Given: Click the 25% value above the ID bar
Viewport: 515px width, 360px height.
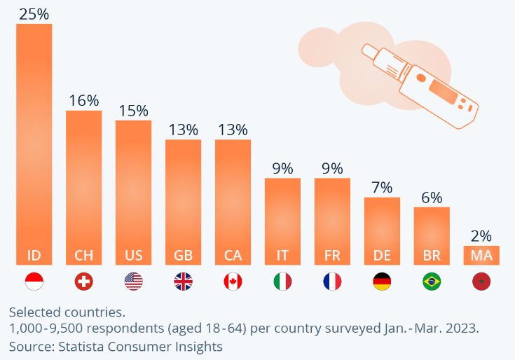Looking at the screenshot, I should point(34,14).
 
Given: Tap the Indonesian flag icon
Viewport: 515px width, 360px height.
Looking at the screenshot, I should point(34,282).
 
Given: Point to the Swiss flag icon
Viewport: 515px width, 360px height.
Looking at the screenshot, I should point(83,282).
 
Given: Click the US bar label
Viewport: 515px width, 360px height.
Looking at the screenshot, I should point(133,255).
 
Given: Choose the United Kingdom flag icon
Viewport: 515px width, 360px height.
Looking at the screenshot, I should point(183,282).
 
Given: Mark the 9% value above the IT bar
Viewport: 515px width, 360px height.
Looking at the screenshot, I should point(282,168).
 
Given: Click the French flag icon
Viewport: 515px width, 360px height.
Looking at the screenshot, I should point(332,282).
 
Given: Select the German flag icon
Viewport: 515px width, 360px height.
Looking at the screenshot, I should point(382,282).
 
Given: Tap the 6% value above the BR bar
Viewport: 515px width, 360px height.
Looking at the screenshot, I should point(432,198).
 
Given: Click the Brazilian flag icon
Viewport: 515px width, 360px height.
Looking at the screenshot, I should point(432,282).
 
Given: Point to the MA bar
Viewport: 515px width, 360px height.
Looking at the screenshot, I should point(481,255).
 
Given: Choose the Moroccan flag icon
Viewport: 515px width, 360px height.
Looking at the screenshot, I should point(481,282).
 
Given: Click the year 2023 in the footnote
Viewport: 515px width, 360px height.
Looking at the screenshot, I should point(462,328).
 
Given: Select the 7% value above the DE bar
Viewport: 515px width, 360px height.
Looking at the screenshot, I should point(382,188).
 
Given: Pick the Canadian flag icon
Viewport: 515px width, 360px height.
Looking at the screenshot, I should point(233,282).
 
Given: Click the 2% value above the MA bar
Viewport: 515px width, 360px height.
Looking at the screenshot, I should point(481,236).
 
